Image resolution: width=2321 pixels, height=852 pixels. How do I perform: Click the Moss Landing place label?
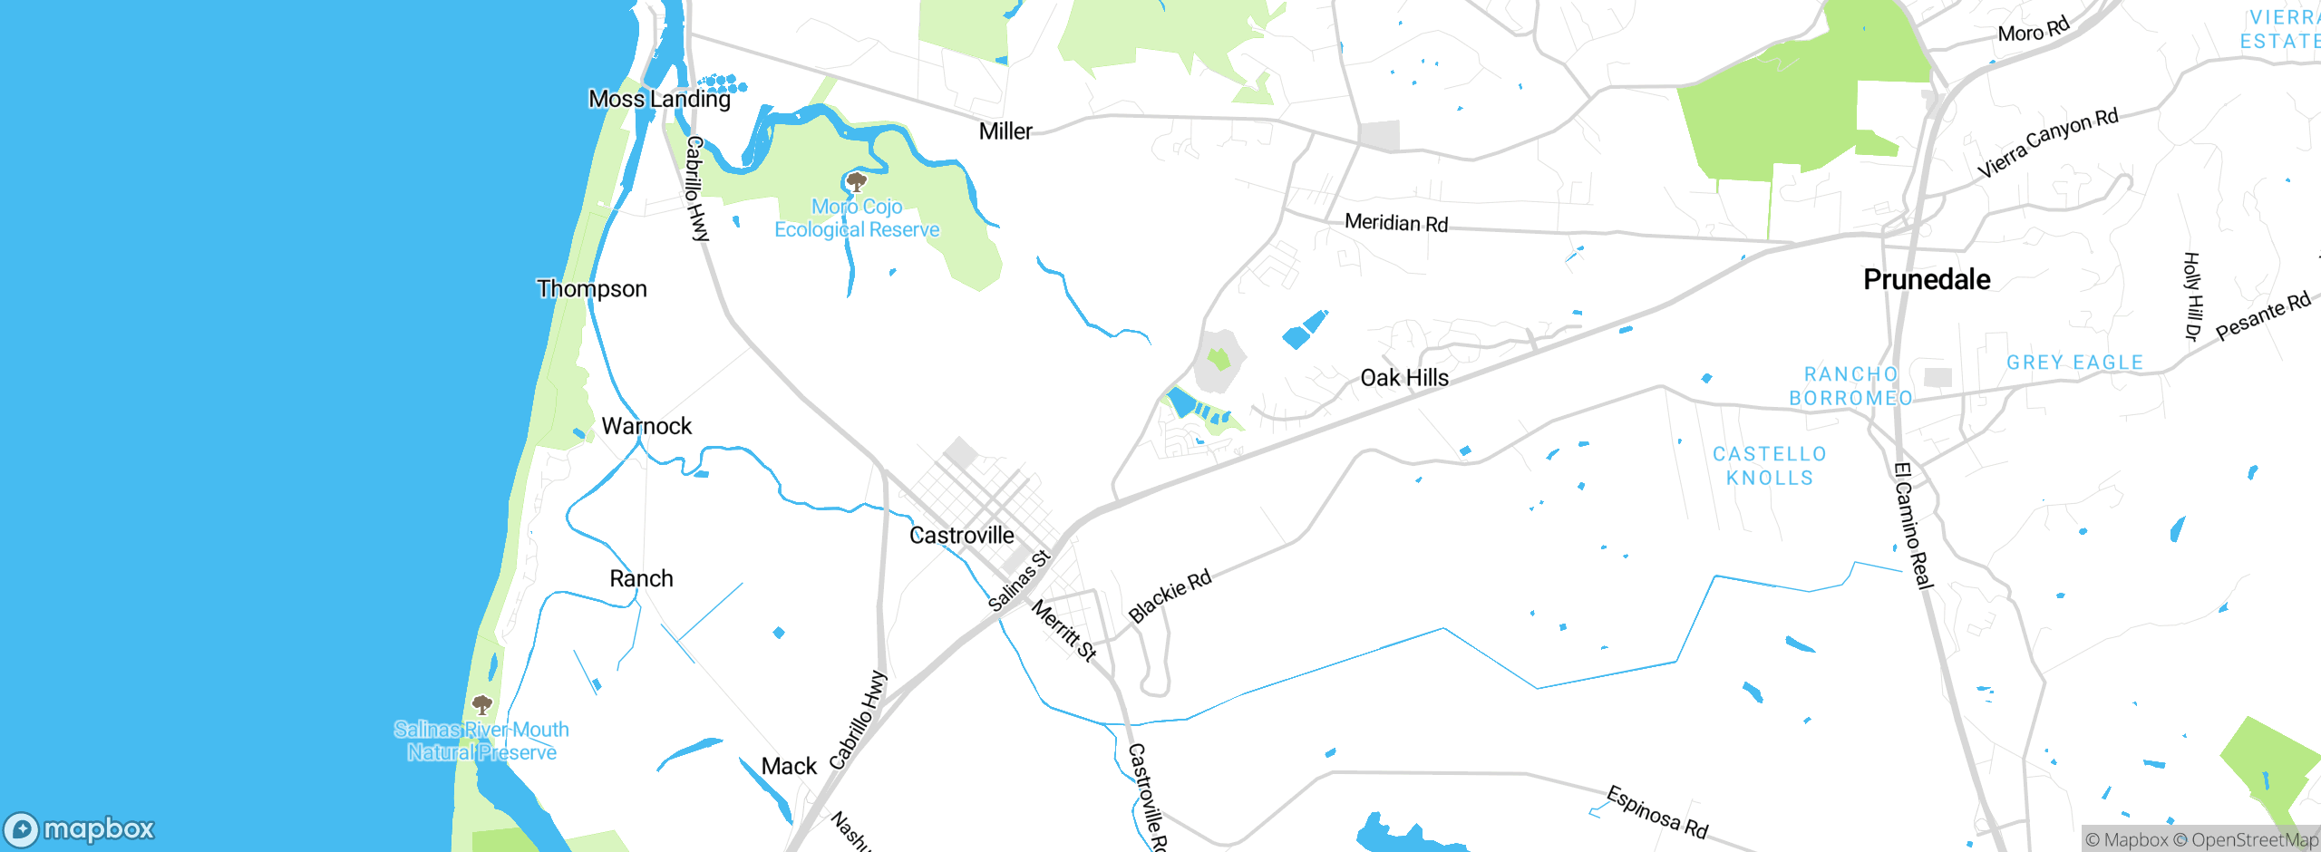point(659,99)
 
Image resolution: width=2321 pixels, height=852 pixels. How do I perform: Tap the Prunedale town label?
point(1927,279)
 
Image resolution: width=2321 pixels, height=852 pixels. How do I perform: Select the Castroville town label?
point(961,536)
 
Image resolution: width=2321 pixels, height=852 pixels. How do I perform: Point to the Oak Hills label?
point(1404,378)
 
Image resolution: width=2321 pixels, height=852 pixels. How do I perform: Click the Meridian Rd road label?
point(1396,223)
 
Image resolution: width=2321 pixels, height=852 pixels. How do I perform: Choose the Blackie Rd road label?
point(1170,596)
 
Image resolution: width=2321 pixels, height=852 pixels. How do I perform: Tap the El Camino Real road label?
point(1914,526)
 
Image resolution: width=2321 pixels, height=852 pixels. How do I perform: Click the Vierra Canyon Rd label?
point(2047,143)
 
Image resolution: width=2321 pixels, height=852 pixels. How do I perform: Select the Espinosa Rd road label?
point(1657,812)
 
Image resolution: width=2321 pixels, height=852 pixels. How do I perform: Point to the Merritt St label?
point(1064,631)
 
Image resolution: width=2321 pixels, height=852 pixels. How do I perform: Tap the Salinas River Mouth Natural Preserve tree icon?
point(482,704)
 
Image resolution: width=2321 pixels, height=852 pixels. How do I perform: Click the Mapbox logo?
point(80,829)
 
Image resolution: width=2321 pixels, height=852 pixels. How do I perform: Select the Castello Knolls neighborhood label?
point(1769,466)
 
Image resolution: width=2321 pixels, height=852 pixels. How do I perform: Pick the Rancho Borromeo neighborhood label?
point(1850,386)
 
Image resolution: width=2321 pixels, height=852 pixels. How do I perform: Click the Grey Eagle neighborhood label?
point(2074,363)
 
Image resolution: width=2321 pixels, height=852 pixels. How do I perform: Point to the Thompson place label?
point(591,289)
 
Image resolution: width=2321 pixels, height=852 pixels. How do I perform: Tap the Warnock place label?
point(646,426)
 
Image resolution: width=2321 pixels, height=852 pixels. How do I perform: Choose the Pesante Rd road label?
point(2263,316)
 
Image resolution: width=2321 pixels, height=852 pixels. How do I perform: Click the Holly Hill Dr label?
point(2192,296)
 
